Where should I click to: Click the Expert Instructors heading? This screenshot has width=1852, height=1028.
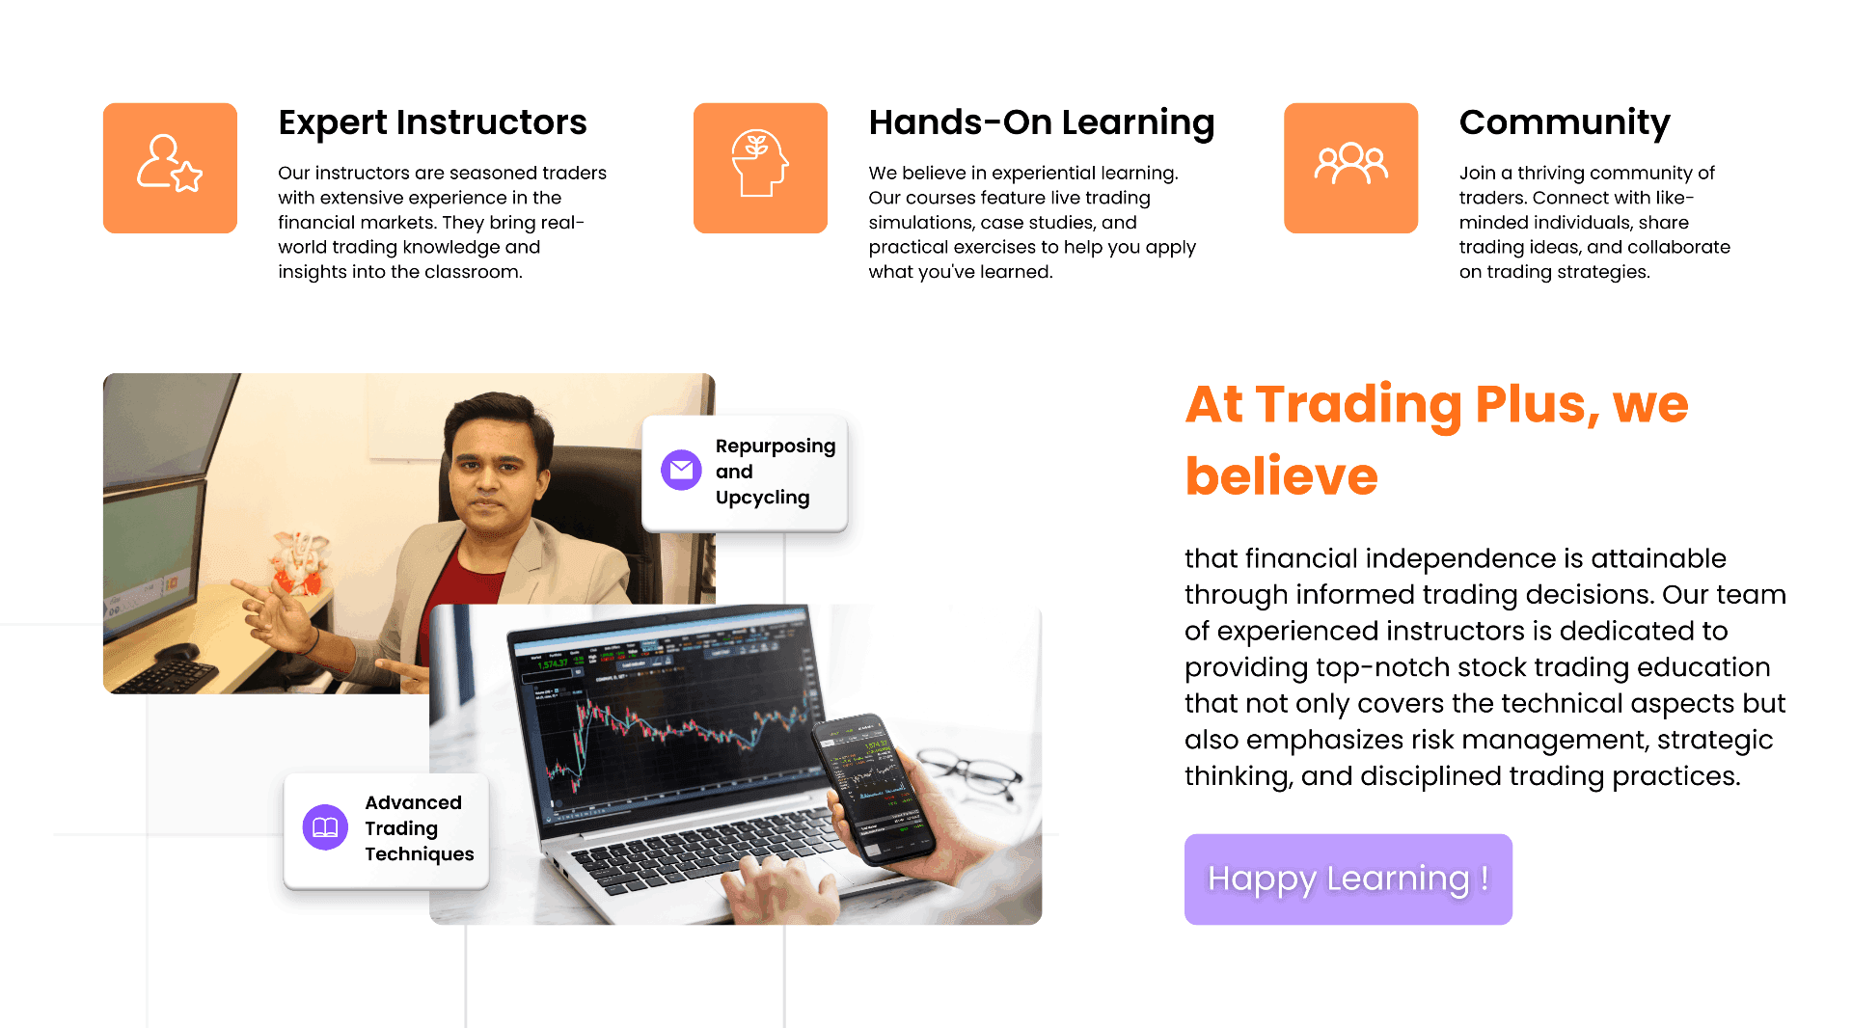pyautogui.click(x=432, y=122)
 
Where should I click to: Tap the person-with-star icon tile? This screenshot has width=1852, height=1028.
pyautogui.click(x=170, y=168)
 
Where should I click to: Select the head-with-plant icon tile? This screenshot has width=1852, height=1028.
pyautogui.click(x=760, y=168)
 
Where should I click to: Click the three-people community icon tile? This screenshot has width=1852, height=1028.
pyautogui.click(x=1350, y=168)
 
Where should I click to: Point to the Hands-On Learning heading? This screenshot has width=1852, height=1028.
pyautogui.click(x=1042, y=123)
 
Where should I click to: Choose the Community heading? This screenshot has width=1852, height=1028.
pyautogui.click(x=1565, y=123)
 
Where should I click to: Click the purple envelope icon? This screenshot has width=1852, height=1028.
pyautogui.click(x=681, y=470)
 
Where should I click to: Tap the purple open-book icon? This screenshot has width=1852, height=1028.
pyautogui.click(x=325, y=827)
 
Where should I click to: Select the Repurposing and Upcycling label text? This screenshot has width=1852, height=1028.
pyautogui.click(x=776, y=472)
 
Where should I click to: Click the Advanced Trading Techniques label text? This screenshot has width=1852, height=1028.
pyautogui.click(x=420, y=828)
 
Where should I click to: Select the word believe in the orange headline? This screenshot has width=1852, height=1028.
pyautogui.click(x=1281, y=476)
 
